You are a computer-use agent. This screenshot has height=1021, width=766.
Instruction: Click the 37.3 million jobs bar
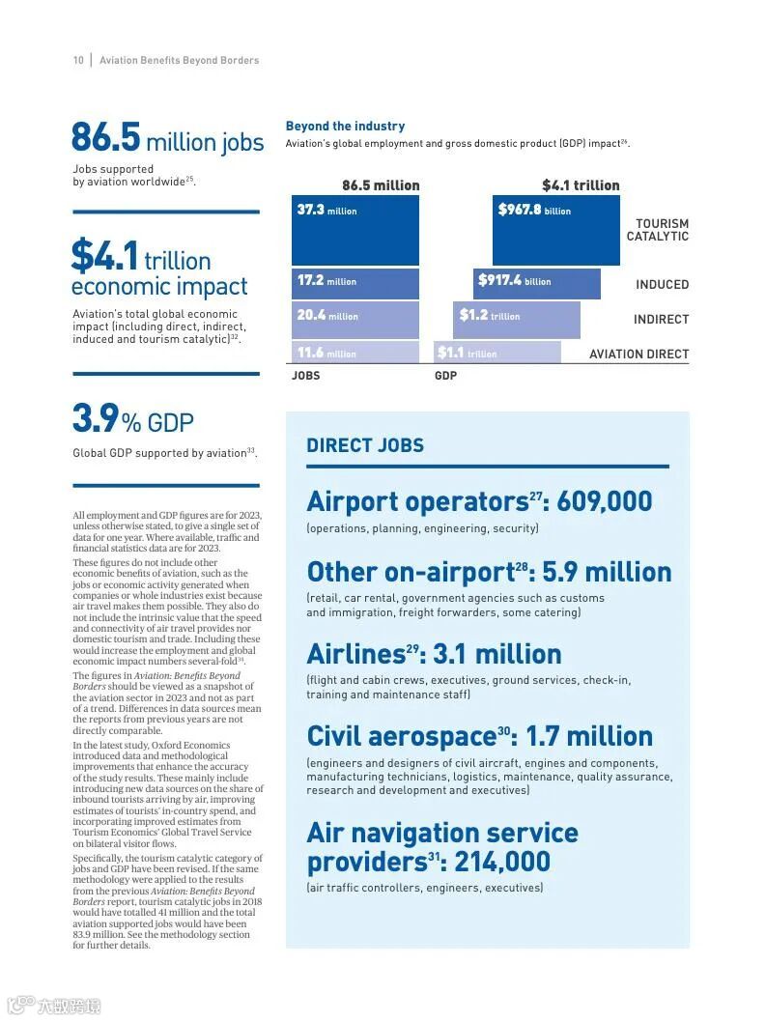355,230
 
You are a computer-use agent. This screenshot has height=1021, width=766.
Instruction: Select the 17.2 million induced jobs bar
355,283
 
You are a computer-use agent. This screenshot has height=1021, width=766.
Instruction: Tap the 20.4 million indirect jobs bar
355,319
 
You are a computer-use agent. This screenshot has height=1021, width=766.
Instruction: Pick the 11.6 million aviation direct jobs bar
355,353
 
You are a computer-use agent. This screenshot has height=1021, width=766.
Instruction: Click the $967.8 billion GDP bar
555,230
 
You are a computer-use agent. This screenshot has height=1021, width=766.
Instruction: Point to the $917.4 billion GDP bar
537,283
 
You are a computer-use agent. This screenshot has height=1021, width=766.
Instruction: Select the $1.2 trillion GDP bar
517,319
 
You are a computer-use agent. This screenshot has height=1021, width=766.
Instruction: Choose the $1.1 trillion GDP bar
497,353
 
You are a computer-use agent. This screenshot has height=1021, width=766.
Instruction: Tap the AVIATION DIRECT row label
639,355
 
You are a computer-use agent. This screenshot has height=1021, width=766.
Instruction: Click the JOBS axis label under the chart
305,376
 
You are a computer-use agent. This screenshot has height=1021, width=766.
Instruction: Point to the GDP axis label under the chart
445,376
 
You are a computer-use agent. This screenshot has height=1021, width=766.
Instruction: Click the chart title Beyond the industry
345,126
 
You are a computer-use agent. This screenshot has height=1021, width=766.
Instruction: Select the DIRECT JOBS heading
365,445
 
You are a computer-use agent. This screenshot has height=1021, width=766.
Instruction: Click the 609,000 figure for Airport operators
605,501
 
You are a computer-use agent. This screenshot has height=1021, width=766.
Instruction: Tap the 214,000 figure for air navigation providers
502,862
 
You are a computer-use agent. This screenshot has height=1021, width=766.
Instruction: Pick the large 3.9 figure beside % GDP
95,419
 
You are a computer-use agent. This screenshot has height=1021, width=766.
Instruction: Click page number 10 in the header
78,60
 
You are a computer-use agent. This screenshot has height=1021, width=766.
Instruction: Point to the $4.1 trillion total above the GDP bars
581,184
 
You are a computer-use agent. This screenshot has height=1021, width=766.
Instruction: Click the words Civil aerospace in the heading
401,736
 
